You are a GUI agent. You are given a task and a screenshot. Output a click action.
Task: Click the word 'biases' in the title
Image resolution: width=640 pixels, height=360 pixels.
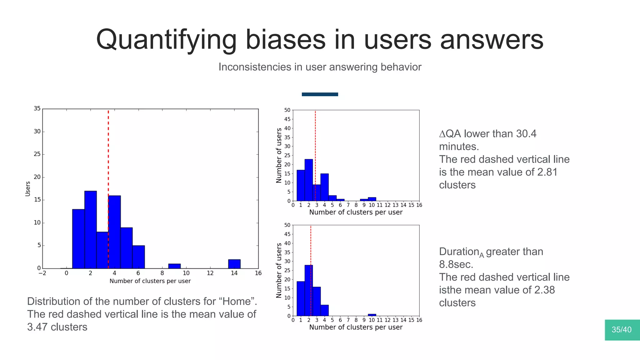(285, 40)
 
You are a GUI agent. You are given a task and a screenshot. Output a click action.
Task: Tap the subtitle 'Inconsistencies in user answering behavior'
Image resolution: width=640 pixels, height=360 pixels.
(320, 67)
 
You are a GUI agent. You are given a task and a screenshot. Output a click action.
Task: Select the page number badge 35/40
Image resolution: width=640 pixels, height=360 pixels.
(622, 330)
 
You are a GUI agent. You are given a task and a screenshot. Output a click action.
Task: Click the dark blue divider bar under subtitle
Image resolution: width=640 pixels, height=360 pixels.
(320, 94)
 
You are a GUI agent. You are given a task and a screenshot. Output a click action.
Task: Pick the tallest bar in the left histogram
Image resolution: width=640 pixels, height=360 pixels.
(90, 230)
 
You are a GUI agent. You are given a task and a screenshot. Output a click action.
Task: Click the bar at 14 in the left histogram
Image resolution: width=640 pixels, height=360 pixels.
(234, 264)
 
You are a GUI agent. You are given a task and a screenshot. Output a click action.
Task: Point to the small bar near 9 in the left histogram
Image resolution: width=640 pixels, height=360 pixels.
(174, 266)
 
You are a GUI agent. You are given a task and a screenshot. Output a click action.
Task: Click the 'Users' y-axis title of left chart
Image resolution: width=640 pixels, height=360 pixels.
(28, 189)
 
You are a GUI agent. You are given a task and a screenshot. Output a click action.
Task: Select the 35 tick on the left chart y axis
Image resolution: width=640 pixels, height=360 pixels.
(37, 108)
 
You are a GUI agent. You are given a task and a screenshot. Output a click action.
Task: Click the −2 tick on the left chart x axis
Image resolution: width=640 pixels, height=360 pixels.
(42, 273)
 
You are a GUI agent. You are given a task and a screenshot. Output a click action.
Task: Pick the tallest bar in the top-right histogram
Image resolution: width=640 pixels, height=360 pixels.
(308, 180)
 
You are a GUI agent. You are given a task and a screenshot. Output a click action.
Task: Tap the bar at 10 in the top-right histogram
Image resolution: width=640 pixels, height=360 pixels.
(372, 199)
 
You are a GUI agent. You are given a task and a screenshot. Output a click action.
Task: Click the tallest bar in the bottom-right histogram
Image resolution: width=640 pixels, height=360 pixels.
(308, 290)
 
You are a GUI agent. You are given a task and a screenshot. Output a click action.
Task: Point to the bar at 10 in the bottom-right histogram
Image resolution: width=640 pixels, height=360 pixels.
(372, 315)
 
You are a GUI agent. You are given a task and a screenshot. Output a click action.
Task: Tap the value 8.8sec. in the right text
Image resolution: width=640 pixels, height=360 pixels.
(456, 264)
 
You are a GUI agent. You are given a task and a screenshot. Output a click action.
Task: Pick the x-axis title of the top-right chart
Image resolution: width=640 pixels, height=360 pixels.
(356, 212)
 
